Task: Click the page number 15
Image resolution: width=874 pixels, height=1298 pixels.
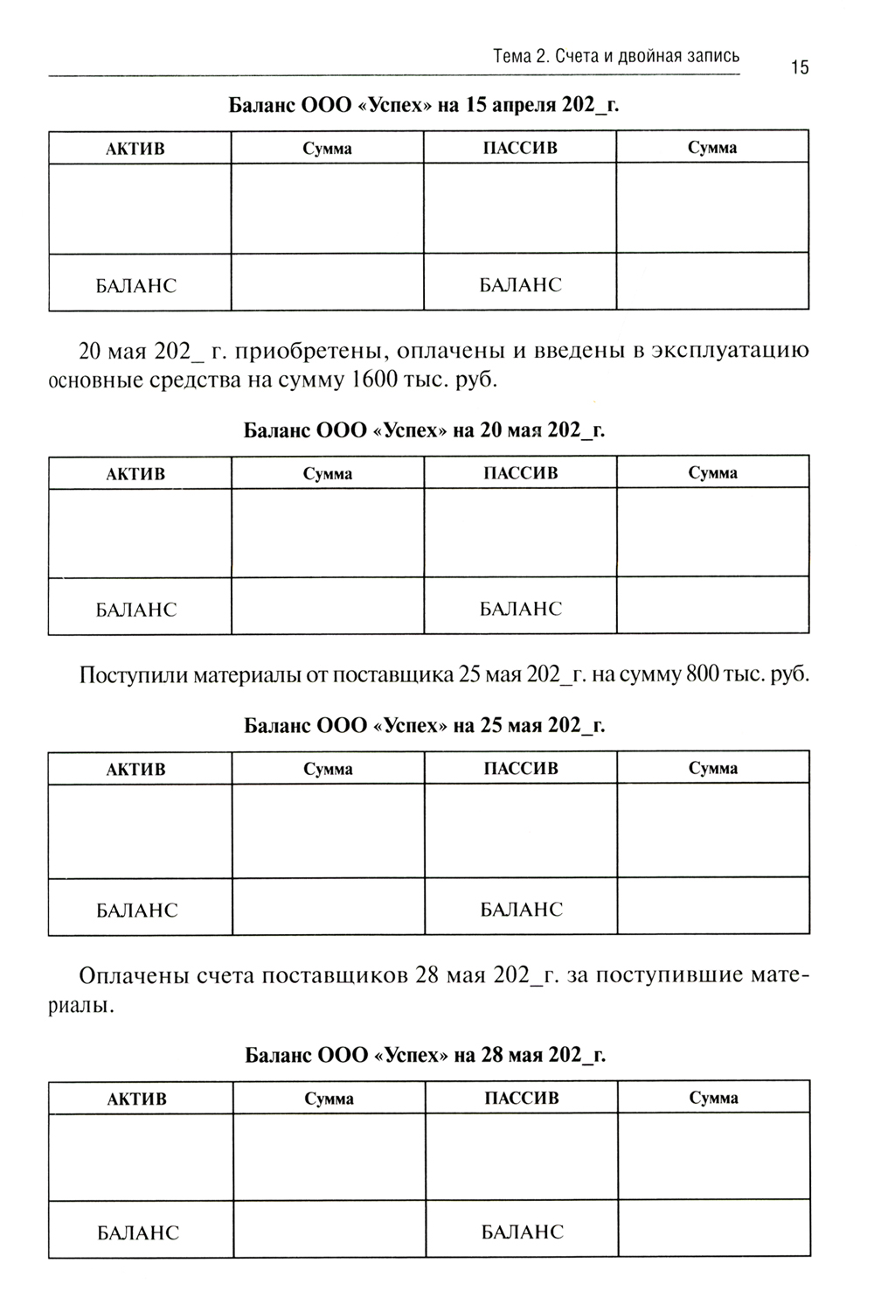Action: click(800, 67)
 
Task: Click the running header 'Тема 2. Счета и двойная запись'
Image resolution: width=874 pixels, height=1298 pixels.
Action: click(616, 56)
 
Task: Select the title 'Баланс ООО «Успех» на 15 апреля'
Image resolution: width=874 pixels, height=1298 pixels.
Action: click(424, 106)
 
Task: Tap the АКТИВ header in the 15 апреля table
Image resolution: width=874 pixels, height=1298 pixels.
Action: click(135, 149)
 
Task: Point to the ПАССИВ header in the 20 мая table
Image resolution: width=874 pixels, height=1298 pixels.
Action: click(520, 473)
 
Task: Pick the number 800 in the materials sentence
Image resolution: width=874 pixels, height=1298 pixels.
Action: click(704, 676)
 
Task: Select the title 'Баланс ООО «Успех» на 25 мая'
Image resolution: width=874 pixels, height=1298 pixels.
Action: click(424, 726)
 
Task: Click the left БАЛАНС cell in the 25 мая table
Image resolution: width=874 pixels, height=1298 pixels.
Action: click(137, 911)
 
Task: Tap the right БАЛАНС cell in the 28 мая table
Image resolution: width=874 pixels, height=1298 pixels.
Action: click(523, 1232)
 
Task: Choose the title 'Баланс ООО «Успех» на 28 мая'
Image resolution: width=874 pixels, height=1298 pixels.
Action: click(425, 1055)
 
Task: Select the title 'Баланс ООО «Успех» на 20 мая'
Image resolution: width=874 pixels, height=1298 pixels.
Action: click(424, 430)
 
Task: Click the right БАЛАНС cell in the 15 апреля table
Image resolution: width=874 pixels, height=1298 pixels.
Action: click(521, 285)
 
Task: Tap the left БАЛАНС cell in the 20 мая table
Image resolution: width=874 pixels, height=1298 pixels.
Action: click(136, 610)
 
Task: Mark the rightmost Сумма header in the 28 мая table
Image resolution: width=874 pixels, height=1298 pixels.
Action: click(713, 1099)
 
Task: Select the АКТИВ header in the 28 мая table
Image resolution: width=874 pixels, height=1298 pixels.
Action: click(136, 1099)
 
